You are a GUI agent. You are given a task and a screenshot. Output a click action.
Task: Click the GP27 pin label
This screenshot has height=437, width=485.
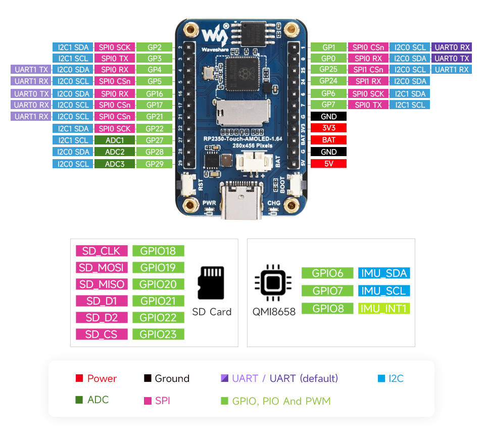click(x=154, y=140)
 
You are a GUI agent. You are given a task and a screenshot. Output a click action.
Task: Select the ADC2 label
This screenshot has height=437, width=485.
click(x=115, y=152)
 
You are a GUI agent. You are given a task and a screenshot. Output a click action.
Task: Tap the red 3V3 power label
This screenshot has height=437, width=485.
click(x=328, y=128)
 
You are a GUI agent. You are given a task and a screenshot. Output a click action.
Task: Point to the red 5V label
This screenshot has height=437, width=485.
click(x=328, y=163)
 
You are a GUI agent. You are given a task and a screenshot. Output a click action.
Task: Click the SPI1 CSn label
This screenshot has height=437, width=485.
click(x=368, y=70)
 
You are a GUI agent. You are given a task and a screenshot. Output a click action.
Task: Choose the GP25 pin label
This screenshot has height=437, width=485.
click(x=328, y=70)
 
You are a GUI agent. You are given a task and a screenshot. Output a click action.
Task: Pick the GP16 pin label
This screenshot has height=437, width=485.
click(x=154, y=93)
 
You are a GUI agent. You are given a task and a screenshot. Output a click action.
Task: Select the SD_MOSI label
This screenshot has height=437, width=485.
click(x=102, y=267)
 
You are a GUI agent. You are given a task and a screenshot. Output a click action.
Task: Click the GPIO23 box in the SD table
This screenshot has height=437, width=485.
click(x=158, y=334)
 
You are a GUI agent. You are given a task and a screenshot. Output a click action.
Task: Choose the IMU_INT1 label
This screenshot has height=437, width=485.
click(x=384, y=308)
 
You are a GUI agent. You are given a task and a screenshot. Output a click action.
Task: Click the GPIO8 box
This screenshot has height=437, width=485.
click(x=327, y=308)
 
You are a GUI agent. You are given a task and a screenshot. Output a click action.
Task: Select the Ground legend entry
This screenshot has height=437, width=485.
click(x=167, y=378)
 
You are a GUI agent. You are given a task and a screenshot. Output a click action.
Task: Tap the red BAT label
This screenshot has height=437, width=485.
click(x=328, y=140)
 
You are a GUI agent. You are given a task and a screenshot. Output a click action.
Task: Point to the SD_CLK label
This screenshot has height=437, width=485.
click(x=102, y=251)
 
